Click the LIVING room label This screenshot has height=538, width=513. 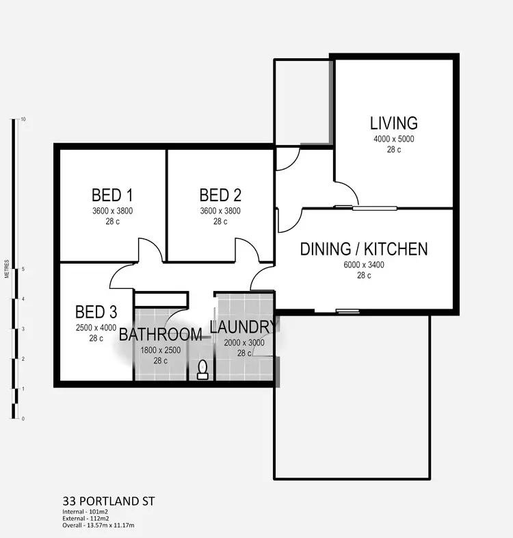[x=393, y=123]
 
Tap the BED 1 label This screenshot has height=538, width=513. [x=111, y=194]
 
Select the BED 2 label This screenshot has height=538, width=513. [x=220, y=194]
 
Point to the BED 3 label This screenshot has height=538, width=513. [x=96, y=313]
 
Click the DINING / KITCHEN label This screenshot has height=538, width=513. [x=364, y=248]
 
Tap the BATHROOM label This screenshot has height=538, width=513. [x=160, y=335]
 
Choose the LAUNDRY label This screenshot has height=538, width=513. [x=243, y=326]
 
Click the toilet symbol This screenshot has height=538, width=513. [x=202, y=370]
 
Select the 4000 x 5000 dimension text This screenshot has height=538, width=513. [x=393, y=139]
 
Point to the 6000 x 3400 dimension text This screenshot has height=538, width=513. [x=364, y=266]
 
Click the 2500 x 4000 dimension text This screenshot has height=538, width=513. [x=96, y=329]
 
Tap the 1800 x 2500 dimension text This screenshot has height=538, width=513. [x=160, y=350]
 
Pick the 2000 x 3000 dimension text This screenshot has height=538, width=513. [x=244, y=344]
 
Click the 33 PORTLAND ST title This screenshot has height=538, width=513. [x=108, y=501]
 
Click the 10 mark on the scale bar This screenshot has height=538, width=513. [x=23, y=119]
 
